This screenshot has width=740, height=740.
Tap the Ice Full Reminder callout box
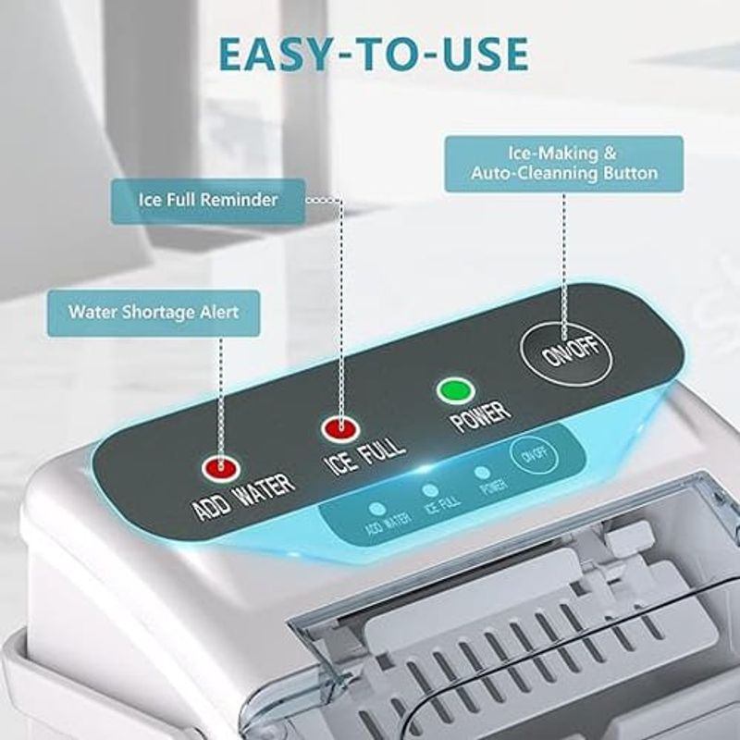tap(208, 200)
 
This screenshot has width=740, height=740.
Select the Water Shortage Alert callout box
tap(154, 313)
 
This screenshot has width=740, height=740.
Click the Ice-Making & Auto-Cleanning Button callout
tap(563, 164)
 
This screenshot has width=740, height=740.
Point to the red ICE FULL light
tap(339, 428)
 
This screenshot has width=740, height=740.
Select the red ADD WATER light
tap(221, 468)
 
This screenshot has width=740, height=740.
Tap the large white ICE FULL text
tap(366, 454)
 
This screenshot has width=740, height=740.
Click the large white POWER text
tap(478, 416)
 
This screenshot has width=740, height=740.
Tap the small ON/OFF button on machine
tap(536, 455)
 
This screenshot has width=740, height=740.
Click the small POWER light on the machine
tap(482, 473)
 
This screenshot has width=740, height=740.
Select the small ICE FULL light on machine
tap(429, 490)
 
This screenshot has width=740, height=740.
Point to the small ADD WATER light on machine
tap(375, 508)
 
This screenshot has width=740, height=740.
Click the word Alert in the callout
tap(219, 313)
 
